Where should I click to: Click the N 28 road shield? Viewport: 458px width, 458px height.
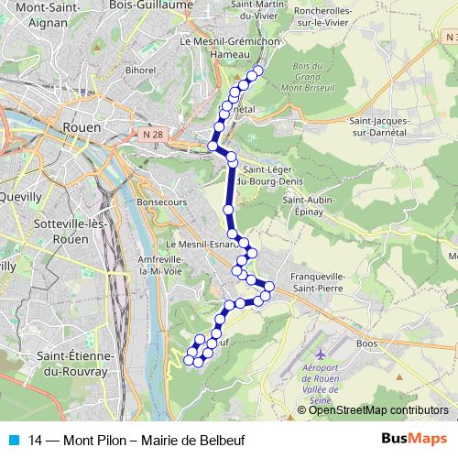153,135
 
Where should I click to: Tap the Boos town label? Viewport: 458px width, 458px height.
366,343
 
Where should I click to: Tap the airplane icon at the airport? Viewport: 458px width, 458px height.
319,354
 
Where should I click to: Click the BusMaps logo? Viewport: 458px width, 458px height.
414,439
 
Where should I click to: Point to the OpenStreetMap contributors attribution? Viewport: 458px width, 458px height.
377,410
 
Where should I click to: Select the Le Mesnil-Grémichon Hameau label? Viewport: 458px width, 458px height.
216,48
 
